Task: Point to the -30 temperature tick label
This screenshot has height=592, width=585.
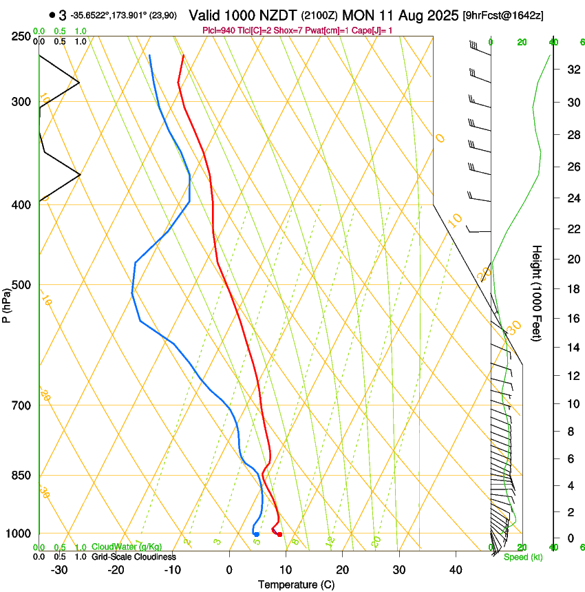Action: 59,569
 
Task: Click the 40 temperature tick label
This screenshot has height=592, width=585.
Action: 456,569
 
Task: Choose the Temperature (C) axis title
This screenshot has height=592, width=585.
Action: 296,584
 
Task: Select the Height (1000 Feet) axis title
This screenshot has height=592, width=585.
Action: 538,293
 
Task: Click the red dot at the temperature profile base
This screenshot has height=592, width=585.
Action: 279,534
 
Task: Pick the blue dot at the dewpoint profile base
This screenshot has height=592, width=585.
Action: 256,534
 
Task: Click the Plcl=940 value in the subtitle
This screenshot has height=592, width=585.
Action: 219,30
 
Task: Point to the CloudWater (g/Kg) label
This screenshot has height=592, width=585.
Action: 127,547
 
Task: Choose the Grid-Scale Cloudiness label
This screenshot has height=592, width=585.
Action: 134,556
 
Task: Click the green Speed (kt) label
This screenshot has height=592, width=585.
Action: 523,557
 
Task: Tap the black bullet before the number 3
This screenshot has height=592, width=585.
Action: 52,15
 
